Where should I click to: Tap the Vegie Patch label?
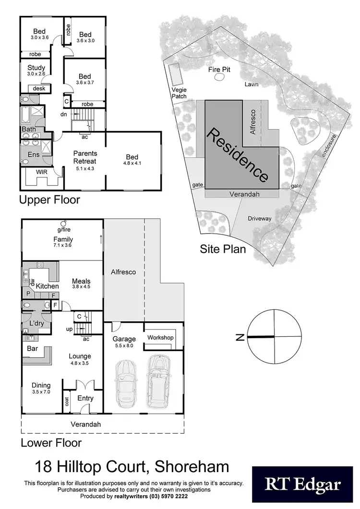[x=179, y=93]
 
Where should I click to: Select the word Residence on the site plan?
[x=237, y=155]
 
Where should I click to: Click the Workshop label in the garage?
[x=160, y=338]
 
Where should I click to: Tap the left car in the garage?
[x=125, y=381]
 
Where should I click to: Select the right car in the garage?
[x=158, y=380]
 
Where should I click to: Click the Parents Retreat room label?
[x=84, y=157]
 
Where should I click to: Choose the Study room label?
[x=36, y=68]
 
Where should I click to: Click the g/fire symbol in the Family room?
[x=63, y=224]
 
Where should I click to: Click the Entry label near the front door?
[x=85, y=398]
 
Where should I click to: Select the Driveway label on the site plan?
[x=260, y=219]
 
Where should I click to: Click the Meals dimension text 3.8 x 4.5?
[x=81, y=287]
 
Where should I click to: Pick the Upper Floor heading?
[x=49, y=199]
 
